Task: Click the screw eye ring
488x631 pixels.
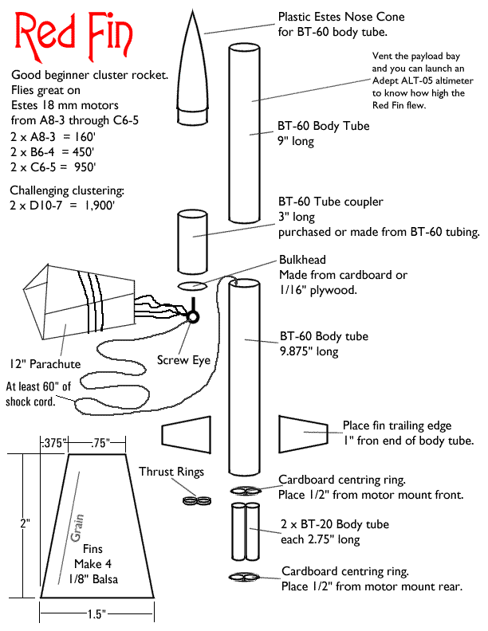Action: pyautogui.click(x=193, y=316)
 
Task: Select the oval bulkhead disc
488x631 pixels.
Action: pyautogui.click(x=191, y=285)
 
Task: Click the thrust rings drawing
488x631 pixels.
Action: pyautogui.click(x=195, y=501)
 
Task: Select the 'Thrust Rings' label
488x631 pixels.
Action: pyautogui.click(x=171, y=471)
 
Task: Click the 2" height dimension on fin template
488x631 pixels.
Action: pyautogui.click(x=25, y=524)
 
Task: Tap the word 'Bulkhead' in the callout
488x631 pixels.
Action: pyautogui.click(x=302, y=261)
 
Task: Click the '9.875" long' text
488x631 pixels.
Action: pyautogui.click(x=308, y=351)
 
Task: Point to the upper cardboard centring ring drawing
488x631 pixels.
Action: pyautogui.click(x=245, y=490)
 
